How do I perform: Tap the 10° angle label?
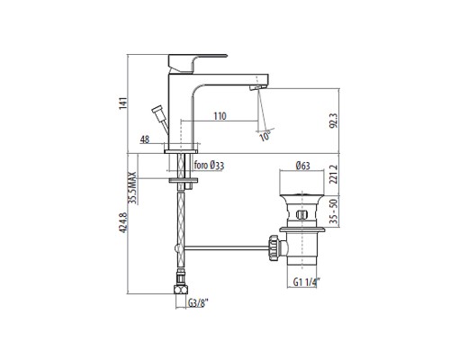coord(264,137)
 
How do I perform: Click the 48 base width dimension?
coord(145,139)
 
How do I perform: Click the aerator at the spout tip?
coord(259,83)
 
